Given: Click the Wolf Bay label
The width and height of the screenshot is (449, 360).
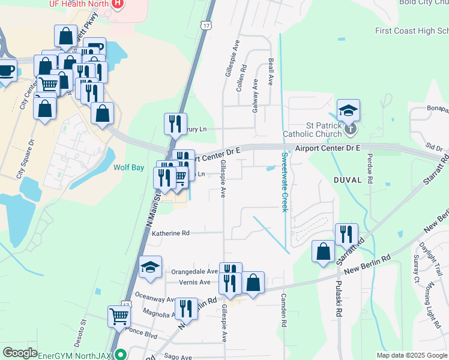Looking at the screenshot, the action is coord(128,167).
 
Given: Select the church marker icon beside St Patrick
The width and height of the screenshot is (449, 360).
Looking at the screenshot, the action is coord(351,128).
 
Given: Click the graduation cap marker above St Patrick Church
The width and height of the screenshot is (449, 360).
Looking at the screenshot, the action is coord(348,110).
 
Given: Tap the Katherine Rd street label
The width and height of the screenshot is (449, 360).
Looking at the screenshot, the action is coord(170,233).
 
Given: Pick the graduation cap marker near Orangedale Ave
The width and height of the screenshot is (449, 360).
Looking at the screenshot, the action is coord(150,268).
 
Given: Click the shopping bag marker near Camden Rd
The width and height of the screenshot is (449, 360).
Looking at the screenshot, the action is coord(253,281).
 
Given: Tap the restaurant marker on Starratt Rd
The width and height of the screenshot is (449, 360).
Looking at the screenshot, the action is coord(346,234).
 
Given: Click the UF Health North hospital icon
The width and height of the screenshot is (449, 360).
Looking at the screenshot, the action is coord(118,4).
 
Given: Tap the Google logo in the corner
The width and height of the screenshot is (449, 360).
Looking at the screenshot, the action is coord(19,352).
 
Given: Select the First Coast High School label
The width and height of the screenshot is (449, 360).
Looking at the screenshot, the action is coord(411,31).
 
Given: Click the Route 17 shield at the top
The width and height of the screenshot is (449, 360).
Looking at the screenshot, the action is coord(207,26).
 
